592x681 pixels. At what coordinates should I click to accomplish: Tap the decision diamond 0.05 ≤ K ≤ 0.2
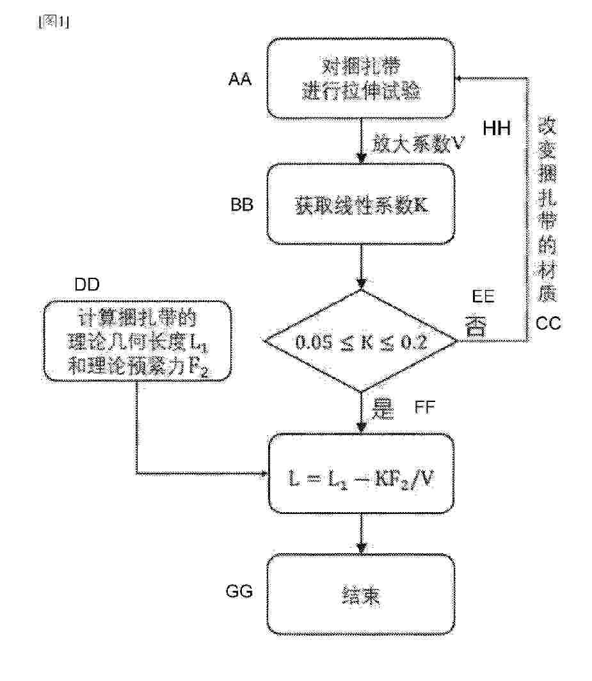point(363,341)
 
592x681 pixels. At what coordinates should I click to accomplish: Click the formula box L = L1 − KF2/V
point(362,474)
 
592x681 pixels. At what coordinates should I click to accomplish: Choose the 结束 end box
point(362,595)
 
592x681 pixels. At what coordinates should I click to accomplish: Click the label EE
point(483,298)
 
